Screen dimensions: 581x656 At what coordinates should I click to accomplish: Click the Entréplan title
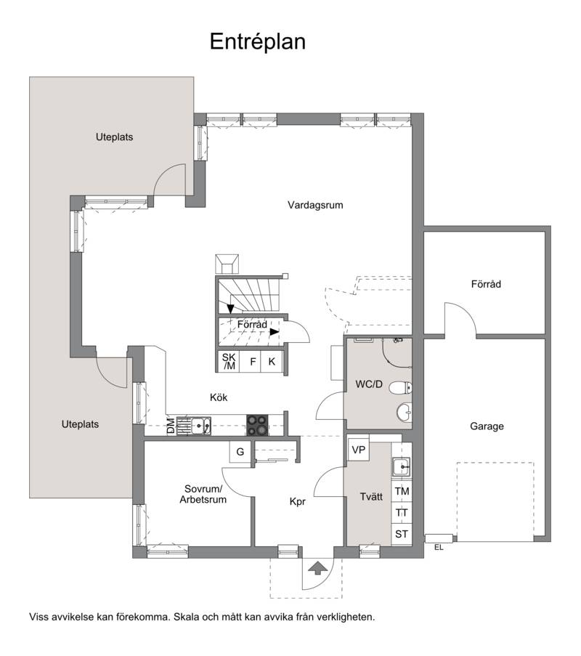tap(257, 42)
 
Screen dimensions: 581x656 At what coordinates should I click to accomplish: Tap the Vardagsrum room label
tap(315, 205)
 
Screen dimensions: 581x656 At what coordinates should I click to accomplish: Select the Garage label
tap(487, 426)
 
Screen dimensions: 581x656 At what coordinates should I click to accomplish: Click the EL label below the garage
tap(439, 547)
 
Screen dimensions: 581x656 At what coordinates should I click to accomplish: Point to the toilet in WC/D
tap(401, 388)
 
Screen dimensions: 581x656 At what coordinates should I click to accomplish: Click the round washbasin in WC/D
tap(404, 413)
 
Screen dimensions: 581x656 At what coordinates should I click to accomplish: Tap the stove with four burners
tap(257, 425)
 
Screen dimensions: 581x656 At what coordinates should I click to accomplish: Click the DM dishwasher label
tap(171, 426)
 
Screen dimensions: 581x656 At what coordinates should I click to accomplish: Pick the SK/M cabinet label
tap(229, 362)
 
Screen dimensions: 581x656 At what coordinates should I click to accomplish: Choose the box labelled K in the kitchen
tap(272, 362)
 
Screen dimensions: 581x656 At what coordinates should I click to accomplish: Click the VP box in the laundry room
tap(358, 450)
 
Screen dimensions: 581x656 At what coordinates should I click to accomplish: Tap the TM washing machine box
tap(402, 491)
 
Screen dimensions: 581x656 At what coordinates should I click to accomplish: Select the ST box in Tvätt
tap(402, 534)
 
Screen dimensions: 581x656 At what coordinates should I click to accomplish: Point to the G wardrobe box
tap(240, 452)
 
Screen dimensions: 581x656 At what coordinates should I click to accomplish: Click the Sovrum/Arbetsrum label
tap(203, 494)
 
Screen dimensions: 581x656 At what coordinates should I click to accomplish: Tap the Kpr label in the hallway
tap(298, 501)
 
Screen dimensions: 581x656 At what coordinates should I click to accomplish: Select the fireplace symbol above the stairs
tap(227, 264)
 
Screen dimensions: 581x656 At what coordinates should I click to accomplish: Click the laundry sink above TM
tap(402, 466)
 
